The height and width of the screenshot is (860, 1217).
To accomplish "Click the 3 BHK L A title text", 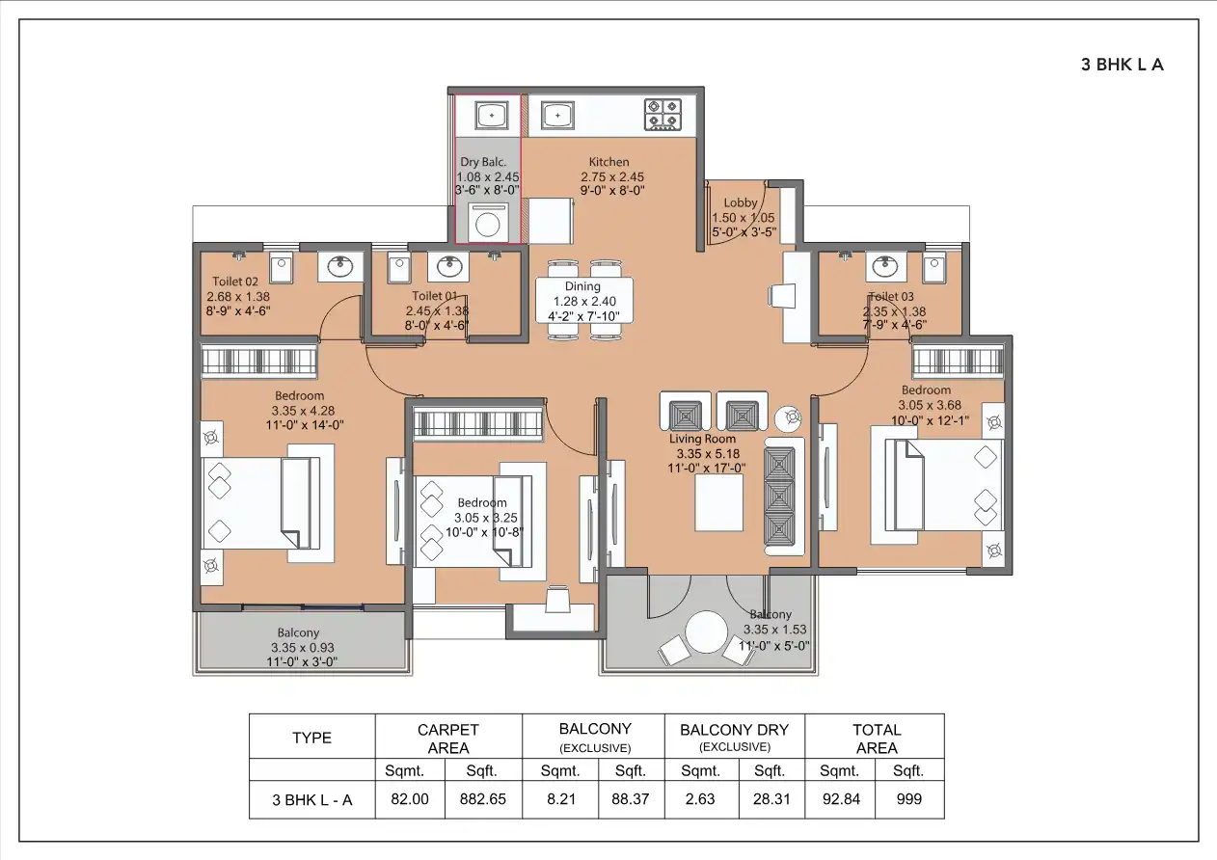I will (1122, 66).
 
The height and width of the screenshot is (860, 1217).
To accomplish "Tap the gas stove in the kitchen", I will (663, 115).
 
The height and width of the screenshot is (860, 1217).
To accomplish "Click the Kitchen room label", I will (608, 162).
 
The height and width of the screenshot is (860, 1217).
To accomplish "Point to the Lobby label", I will (741, 202).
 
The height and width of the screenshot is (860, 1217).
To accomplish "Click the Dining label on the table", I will (582, 286).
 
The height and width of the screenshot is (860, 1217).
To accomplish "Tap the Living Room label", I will (703, 439).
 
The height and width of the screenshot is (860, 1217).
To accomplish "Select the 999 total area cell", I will (908, 799).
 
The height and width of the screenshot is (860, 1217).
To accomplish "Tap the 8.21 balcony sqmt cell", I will (559, 799).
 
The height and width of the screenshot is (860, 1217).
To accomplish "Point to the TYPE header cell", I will (311, 738).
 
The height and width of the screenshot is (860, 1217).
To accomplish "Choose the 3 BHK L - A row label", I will (311, 799).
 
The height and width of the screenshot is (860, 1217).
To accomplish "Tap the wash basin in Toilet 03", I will (884, 266).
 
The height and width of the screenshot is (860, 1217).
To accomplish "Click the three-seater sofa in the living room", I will (784, 497).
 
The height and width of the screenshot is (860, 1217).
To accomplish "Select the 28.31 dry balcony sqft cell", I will (770, 799).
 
